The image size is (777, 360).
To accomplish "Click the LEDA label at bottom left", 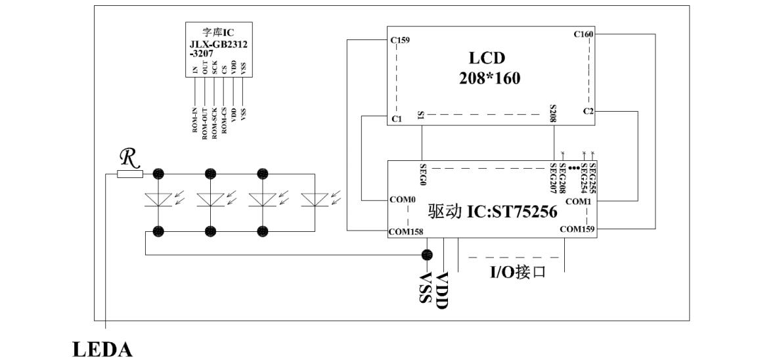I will coord(102,349).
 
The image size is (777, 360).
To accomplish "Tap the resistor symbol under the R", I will coord(130,174).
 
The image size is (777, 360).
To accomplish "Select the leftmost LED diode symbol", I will coord(158,200).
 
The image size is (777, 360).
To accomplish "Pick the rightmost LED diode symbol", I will coord(315,200).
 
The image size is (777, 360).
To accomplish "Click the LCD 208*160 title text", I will coord(489,68).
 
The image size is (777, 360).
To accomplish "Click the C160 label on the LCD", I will coord(584,34).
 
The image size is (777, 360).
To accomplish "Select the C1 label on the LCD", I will coord(396,119).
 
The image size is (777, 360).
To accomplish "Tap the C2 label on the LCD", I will coord(588,112).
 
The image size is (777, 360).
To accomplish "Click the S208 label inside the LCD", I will coord(553,114).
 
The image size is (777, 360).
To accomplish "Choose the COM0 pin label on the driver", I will coord(402,200).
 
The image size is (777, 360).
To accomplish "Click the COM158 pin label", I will coord(405,231).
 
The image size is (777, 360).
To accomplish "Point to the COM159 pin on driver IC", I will coord(578,229).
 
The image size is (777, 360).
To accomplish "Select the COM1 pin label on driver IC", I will coord(578,202).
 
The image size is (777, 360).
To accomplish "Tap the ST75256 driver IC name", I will coord(492,212).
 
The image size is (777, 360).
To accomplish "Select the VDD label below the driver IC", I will coord(441,290).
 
